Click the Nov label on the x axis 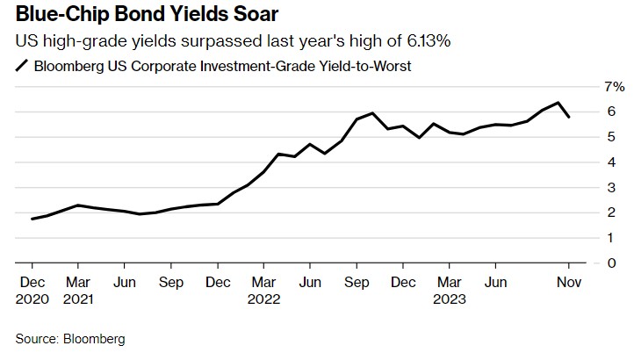pos(569,282)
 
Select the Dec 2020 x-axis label pos(32,290)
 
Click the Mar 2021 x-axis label pos(78,290)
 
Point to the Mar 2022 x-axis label pos(264,290)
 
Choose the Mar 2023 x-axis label pos(450,290)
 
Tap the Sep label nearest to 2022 pos(357,282)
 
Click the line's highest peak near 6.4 pos(558,103)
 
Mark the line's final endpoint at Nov pos(569,117)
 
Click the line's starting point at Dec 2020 pos(32,219)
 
